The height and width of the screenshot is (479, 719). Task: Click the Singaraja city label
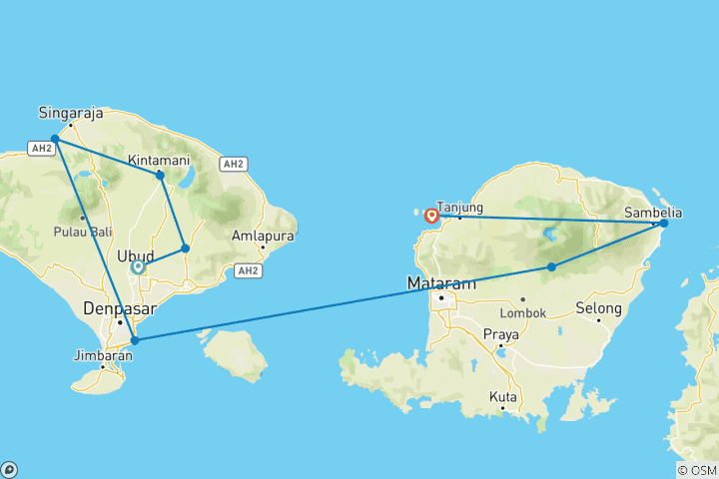[x=72, y=111]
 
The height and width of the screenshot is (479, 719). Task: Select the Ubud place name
[x=135, y=255]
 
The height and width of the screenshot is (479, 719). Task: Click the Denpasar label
[x=116, y=307]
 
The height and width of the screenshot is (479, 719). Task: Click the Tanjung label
[x=459, y=208]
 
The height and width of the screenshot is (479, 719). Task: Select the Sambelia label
[x=653, y=212]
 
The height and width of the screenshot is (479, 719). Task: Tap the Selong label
[x=598, y=307]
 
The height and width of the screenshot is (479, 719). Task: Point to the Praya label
[x=500, y=333]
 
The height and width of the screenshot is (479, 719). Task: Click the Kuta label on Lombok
[x=503, y=396]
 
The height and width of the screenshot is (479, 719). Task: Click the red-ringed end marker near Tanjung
[x=431, y=215]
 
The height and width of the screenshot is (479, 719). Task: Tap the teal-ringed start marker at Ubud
[x=138, y=266]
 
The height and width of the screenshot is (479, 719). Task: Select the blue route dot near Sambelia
[x=664, y=223]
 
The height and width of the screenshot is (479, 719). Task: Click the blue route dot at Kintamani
[x=160, y=176]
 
